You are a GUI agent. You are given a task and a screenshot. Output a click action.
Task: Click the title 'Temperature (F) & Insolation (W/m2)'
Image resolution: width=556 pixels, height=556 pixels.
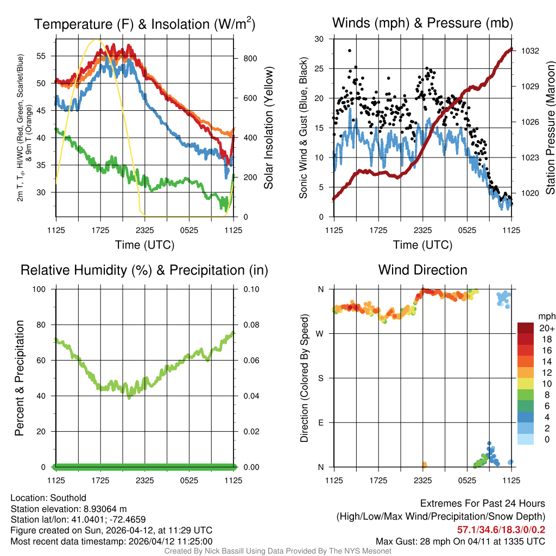144,24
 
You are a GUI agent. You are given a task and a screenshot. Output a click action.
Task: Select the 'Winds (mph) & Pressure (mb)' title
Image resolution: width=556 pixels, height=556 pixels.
422,23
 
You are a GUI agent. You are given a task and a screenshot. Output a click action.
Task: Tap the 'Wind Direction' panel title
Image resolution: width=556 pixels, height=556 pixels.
422,270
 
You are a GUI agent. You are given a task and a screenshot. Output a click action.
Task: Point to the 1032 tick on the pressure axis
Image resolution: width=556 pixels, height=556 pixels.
530,50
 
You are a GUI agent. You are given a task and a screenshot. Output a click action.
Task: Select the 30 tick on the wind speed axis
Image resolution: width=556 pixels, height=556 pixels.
319,39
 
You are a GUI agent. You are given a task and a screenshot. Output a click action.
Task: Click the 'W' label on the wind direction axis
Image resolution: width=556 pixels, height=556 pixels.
320,333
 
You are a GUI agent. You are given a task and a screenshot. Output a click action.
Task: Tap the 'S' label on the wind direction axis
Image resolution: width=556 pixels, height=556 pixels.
320,378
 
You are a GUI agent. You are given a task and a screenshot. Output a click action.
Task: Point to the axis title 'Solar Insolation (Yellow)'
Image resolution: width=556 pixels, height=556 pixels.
268,128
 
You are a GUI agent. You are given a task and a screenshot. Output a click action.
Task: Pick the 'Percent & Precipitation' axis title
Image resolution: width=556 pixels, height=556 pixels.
20,378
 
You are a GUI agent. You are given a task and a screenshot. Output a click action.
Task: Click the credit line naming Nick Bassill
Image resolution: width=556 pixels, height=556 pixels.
277,551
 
